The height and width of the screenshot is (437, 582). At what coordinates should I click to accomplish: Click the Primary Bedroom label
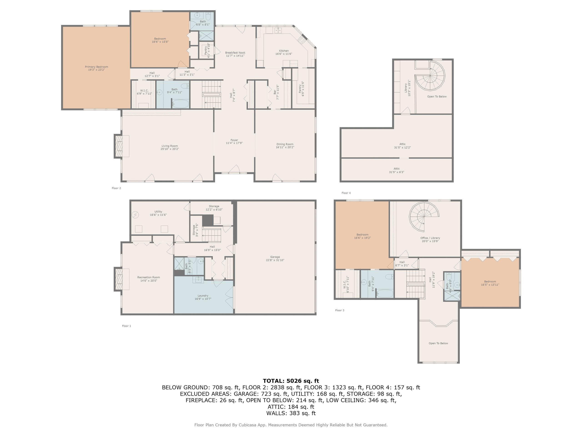point(96,67)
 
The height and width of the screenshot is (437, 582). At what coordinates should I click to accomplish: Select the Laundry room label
point(203,296)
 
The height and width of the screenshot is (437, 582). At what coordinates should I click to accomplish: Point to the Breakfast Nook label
point(235,53)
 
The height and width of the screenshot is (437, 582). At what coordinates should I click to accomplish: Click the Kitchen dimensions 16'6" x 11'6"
point(284,54)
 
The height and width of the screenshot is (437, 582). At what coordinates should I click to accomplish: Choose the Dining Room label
point(285,144)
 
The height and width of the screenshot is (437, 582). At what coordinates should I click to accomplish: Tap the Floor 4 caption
point(346,193)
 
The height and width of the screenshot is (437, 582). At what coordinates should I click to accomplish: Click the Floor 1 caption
point(126,326)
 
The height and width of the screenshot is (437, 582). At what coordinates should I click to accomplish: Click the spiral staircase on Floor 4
point(430,76)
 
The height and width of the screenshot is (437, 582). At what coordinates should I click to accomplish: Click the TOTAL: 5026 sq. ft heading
point(291,381)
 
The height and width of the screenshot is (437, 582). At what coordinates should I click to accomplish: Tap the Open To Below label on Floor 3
point(438,343)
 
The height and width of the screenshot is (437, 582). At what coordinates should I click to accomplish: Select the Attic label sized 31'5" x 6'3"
point(396,169)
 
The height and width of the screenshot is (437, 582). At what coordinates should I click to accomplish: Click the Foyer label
point(234,140)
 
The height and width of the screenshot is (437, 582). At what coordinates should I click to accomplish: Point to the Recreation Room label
point(148,277)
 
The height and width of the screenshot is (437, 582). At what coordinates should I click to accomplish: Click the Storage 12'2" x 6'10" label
point(214,206)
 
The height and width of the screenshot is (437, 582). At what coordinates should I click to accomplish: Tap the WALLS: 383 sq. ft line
point(291,413)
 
